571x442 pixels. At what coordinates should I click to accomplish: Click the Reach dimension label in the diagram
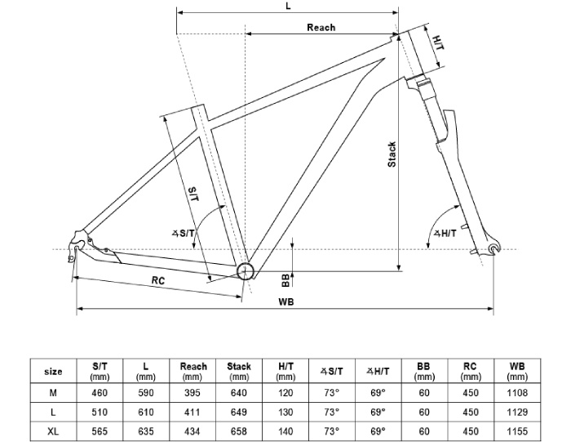pos(321,27)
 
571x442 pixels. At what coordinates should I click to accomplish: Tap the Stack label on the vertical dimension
pos(392,154)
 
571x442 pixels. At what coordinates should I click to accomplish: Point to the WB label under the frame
pos(285,301)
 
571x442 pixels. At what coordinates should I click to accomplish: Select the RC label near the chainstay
pos(160,280)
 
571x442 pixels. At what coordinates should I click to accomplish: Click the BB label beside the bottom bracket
pos(285,280)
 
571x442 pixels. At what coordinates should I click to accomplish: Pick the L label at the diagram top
pos(288,6)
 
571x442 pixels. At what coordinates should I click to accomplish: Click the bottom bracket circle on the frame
pos(246,271)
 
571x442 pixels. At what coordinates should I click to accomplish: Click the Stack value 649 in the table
pos(239,412)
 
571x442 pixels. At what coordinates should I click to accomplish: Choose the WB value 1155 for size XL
pos(516,431)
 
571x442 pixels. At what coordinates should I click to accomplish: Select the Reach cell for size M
pos(193,393)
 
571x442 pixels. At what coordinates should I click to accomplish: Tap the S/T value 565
pos(100,431)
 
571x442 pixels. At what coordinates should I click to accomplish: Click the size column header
pos(53,372)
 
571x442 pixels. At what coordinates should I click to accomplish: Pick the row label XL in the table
pos(53,431)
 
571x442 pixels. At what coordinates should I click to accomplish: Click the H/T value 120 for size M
pos(285,393)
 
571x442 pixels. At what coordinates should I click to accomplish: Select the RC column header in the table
pos(470,372)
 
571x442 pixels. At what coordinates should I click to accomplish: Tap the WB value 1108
pos(516,393)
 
